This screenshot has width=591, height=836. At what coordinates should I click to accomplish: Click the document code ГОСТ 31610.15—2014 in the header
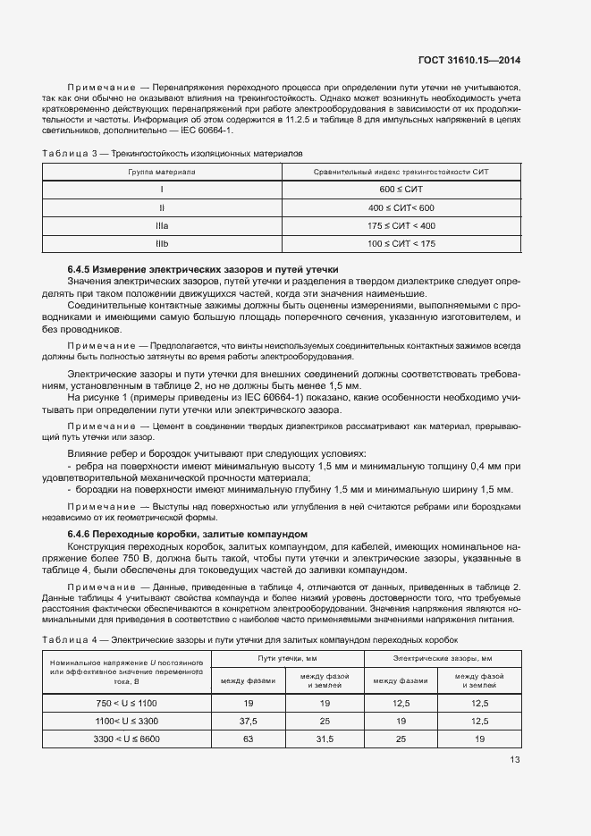pos(470,61)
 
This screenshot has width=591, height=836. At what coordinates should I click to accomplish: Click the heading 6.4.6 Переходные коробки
pos(188,534)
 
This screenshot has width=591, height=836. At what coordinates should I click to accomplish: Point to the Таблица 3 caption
pos(173,154)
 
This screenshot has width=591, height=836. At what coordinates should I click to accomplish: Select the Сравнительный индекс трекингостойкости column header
pos(400,172)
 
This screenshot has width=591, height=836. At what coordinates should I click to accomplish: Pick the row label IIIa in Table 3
pos(161,225)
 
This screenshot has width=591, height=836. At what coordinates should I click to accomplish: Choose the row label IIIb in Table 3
pos(161,243)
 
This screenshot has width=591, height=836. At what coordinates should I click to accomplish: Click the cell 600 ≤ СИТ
pos(400,190)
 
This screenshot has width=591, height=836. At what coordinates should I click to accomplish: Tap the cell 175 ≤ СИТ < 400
pos(400,225)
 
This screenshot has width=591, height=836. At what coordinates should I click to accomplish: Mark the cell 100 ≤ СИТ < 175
pos(400,243)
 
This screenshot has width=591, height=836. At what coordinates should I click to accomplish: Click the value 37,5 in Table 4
pos(248,721)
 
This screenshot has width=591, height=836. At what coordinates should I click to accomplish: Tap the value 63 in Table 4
pos(248,739)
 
